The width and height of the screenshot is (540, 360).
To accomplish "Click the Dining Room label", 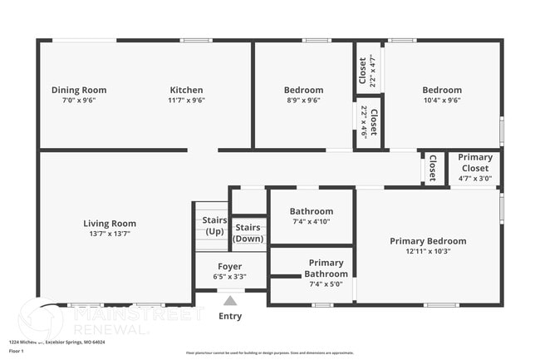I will pos(79,90).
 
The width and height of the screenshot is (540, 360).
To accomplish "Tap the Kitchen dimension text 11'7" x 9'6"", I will pos(186,100).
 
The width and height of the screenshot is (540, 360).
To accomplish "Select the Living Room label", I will pos(110,223).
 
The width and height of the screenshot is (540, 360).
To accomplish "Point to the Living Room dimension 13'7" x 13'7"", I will pos(110,234).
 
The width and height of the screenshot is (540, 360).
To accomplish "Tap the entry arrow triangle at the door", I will pos(230,301).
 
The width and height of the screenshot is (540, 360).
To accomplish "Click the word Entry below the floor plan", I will pos(230,316).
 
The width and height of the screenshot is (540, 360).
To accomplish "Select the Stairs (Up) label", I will pos(214,225).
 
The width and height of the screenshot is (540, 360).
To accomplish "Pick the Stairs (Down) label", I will pos(248,233).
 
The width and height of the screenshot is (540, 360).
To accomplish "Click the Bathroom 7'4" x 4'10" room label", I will pos(312,211).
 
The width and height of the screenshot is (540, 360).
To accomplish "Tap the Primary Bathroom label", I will pos(326,268).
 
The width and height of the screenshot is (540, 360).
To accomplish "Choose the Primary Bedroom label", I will pos(428,241).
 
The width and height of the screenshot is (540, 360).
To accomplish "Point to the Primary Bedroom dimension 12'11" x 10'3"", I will pos(428,251).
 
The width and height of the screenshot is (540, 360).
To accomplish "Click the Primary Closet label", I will pos(475,162).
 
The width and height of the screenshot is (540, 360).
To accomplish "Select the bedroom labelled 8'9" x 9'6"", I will pos(303,90).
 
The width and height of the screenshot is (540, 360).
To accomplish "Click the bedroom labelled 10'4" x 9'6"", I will pos(441,90).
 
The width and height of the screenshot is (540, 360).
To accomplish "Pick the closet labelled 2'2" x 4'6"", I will pos(369,122).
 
